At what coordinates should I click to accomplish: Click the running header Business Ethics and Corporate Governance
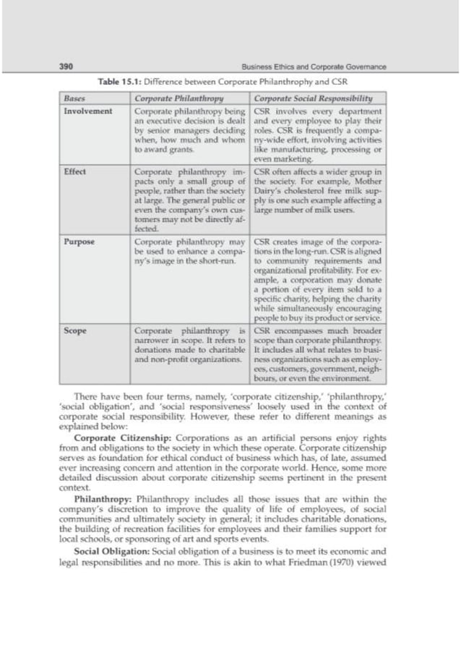[x=314, y=67]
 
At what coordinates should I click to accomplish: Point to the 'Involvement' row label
[x=87, y=111]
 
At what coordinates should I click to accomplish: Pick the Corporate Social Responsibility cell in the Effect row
[x=318, y=190]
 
